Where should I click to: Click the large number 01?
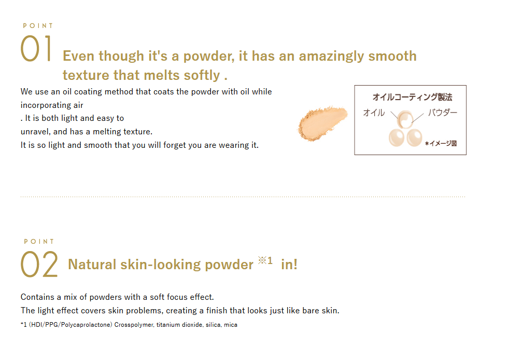point(36,49)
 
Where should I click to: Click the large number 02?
point(39,265)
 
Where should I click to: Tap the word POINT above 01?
point(38,25)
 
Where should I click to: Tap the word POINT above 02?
point(39,241)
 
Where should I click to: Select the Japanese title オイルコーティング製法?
point(412,97)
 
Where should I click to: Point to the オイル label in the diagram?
point(374,113)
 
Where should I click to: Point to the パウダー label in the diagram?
point(442,113)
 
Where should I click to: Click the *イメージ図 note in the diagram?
point(441,144)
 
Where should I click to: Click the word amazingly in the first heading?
point(332,56)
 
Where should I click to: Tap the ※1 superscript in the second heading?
point(265,260)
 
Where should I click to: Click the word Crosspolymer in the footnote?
point(134,325)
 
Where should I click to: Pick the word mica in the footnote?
point(231,325)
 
